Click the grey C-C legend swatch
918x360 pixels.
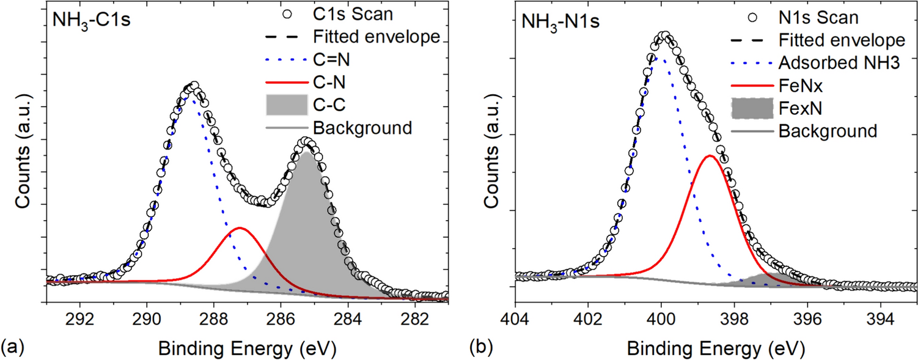coord(287,105)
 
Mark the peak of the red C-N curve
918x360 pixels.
coord(240,228)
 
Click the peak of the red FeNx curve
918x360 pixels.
coord(710,156)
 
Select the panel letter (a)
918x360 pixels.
coord(13,347)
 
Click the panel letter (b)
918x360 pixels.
coord(481,347)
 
